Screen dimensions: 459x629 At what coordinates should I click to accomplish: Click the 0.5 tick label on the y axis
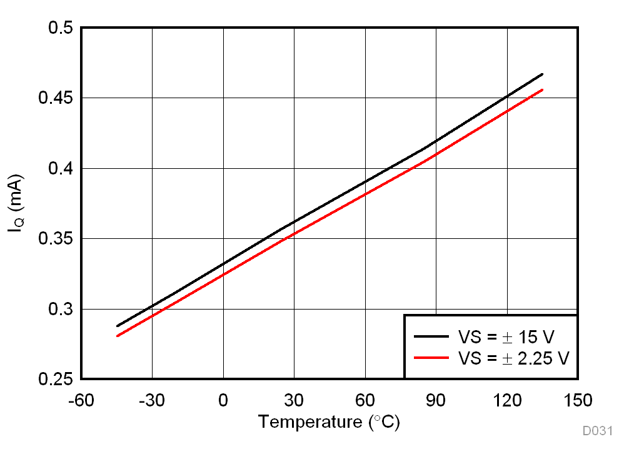click(60, 29)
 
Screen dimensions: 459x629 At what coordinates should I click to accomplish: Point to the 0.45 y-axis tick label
click(54, 99)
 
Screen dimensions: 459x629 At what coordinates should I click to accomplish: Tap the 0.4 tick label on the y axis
click(60, 169)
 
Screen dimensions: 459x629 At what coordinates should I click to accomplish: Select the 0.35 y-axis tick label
click(54, 240)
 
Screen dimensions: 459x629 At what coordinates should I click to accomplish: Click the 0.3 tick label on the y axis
click(60, 310)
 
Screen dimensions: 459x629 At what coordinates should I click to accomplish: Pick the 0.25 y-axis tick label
click(54, 380)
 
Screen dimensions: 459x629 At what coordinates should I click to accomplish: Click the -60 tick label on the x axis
click(82, 400)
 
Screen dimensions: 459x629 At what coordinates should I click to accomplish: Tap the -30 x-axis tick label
click(152, 400)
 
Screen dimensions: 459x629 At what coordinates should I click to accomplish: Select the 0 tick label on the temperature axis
click(223, 400)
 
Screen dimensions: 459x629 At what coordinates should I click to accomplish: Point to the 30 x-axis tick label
click(294, 400)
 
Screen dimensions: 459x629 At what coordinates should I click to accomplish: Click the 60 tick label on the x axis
click(365, 400)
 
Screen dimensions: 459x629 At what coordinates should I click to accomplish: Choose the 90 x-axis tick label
click(436, 400)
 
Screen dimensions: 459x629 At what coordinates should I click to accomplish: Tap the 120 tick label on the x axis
click(506, 400)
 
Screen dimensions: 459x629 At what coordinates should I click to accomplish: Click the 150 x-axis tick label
click(577, 400)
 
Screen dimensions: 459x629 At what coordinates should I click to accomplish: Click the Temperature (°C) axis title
click(329, 422)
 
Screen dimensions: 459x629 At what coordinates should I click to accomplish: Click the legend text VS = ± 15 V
click(506, 337)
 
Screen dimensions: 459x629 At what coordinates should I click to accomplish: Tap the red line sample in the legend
click(431, 358)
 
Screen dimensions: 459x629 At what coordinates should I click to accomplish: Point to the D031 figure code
click(598, 431)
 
